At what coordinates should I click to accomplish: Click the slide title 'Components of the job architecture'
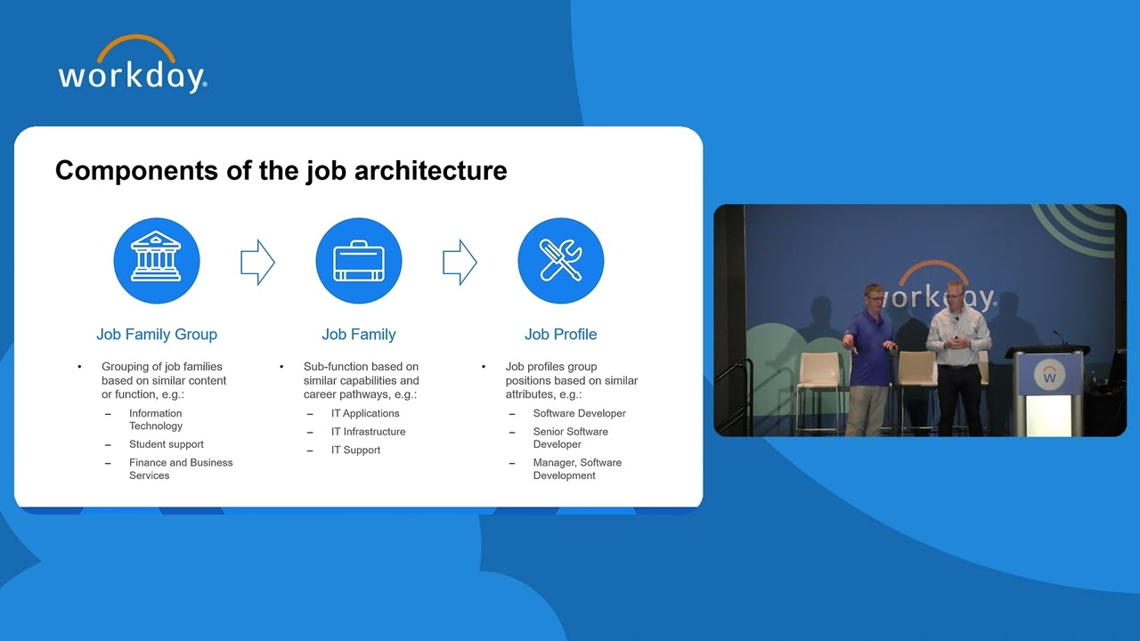tap(281, 170)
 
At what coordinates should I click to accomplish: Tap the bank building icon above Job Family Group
tap(157, 262)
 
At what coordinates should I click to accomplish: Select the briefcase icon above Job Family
tap(359, 262)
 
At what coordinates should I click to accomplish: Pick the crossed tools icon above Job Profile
tap(561, 262)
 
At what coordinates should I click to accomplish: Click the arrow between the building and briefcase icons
tap(257, 262)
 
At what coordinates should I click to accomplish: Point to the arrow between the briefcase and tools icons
tap(460, 262)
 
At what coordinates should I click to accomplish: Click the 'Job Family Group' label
tap(157, 335)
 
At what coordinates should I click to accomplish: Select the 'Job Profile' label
tap(561, 335)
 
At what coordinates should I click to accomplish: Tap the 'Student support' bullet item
tap(166, 444)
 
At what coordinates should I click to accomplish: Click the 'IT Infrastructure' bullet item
tap(368, 432)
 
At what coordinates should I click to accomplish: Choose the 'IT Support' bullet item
tap(355, 450)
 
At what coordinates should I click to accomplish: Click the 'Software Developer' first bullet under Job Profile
tap(579, 413)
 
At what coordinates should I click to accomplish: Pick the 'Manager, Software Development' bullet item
tap(577, 468)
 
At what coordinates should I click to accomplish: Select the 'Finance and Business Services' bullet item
tap(180, 468)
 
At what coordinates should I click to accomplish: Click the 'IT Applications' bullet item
tap(365, 413)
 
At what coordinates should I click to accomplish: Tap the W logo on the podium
tap(1049, 376)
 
